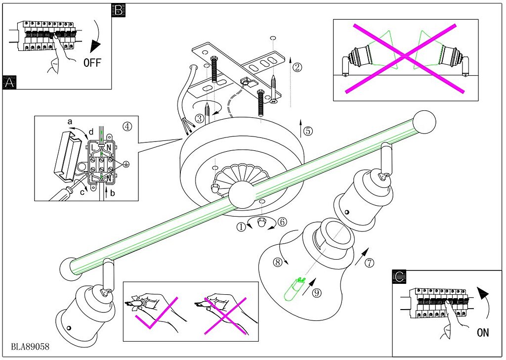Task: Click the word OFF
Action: (93, 62)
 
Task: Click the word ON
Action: (483, 332)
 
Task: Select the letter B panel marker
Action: (119, 10)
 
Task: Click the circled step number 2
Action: (296, 66)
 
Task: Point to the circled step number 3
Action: (199, 118)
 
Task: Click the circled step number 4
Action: (127, 126)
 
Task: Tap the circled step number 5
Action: (308, 131)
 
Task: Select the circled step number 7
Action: (369, 263)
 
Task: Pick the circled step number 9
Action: (317, 292)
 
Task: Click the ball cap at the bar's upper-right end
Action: (424, 121)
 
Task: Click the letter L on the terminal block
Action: (93, 147)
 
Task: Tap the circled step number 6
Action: (282, 222)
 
